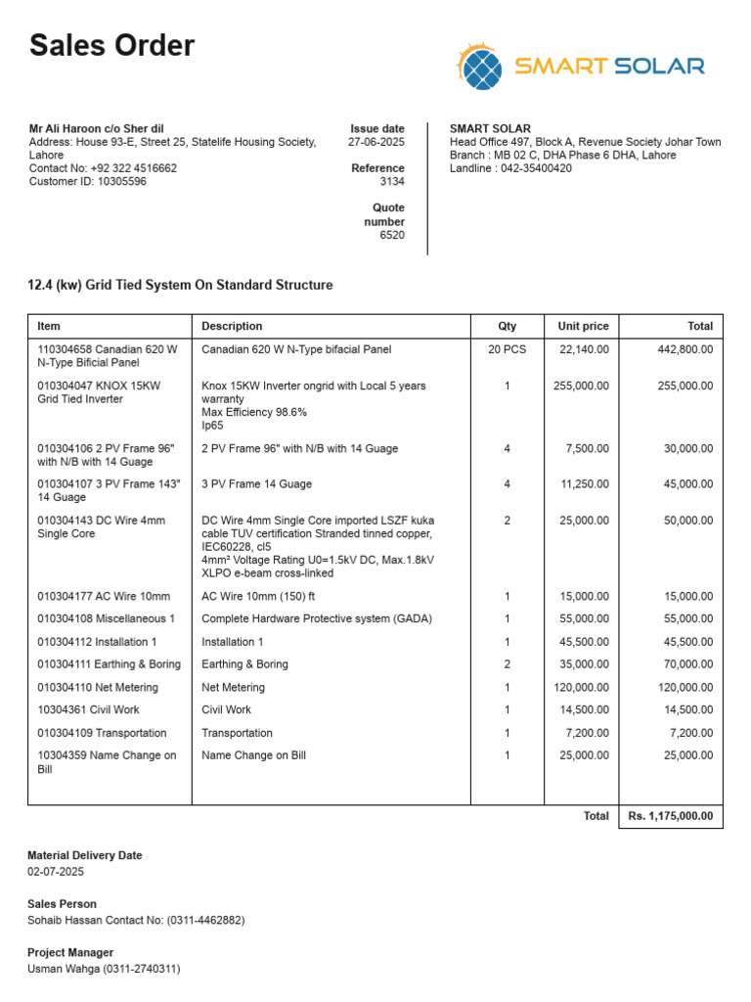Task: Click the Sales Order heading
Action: click(x=111, y=46)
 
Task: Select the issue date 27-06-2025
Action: click(x=376, y=142)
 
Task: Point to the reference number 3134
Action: click(x=392, y=181)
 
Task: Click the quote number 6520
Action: click(x=392, y=235)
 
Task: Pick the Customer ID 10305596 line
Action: click(x=88, y=181)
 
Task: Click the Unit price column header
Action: click(x=583, y=326)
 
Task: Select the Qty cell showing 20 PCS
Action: click(x=507, y=349)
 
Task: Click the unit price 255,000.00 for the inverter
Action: click(x=581, y=386)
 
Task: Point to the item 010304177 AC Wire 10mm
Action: click(x=104, y=596)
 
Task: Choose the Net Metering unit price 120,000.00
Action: click(x=581, y=687)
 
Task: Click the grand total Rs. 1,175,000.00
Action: click(x=670, y=816)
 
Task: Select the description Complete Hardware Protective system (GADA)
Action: click(x=317, y=618)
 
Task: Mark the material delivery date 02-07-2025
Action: click(x=56, y=871)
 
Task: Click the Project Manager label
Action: click(x=70, y=952)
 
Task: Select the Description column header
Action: click(x=232, y=326)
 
